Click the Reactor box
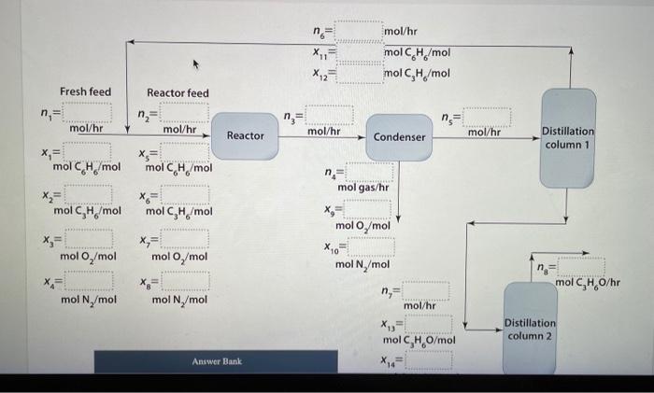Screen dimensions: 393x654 click(x=246, y=135)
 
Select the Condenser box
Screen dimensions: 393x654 click(x=400, y=136)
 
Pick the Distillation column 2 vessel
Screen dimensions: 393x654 click(x=531, y=329)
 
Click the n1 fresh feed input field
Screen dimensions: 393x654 click(x=89, y=114)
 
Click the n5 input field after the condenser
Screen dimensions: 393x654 click(x=487, y=117)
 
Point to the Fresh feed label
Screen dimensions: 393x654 click(x=85, y=91)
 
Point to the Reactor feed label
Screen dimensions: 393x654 click(x=178, y=92)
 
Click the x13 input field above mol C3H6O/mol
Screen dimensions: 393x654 click(x=428, y=324)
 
